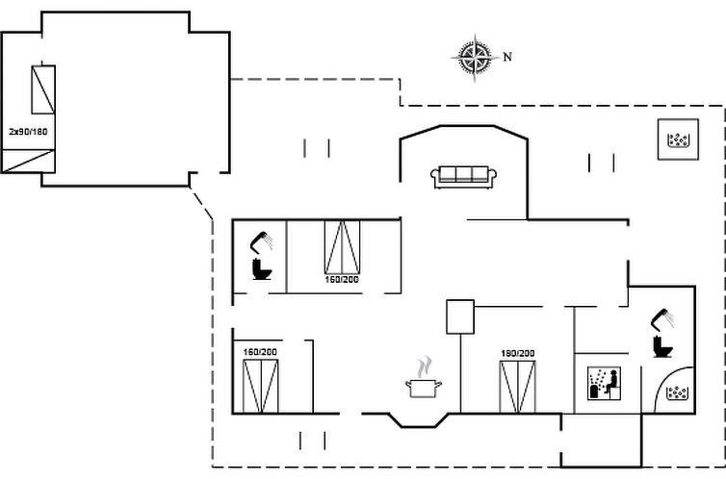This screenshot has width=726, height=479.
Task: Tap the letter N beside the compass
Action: [507, 57]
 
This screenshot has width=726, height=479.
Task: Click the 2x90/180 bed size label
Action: [28, 131]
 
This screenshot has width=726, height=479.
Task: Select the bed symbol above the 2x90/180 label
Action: [43, 90]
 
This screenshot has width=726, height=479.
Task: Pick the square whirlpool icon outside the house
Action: [678, 140]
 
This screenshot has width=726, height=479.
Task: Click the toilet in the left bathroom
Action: [261, 268]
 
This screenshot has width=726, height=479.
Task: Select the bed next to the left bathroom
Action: [341, 246]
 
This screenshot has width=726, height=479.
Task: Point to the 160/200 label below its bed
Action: [341, 280]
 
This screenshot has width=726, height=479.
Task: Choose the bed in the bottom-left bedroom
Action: [259, 385]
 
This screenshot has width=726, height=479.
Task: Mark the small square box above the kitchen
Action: [460, 316]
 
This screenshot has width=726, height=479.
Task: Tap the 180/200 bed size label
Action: [516, 353]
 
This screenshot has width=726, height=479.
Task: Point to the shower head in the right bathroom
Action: [662, 316]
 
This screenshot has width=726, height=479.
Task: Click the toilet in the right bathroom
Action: [661, 345]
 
